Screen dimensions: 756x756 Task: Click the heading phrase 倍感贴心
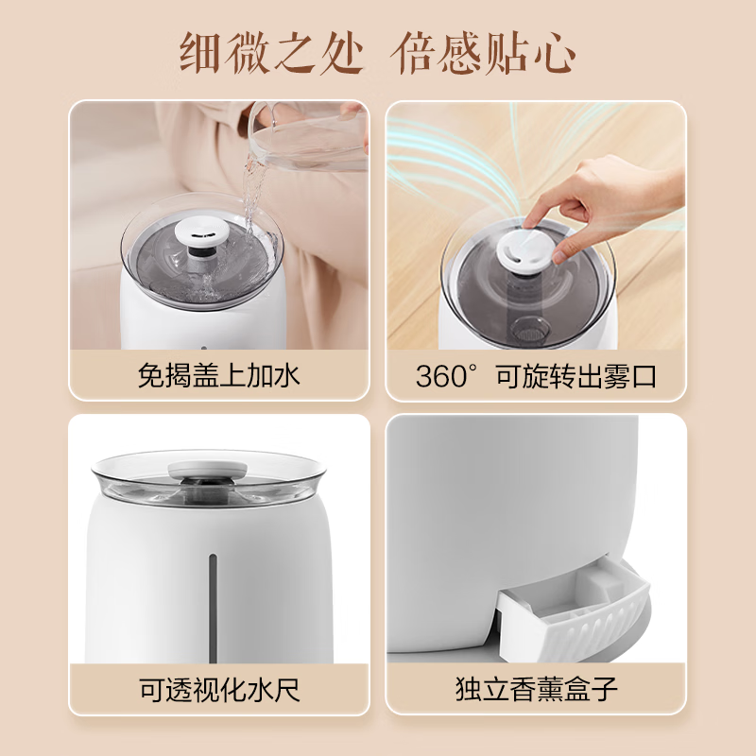pyautogui.click(x=483, y=53)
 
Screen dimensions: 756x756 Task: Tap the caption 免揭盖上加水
pyautogui.click(x=218, y=376)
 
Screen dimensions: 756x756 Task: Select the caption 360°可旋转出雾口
pyautogui.click(x=536, y=376)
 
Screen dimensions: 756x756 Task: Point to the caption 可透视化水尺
pyautogui.click(x=218, y=688)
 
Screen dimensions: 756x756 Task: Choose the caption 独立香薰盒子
pyautogui.click(x=536, y=688)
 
